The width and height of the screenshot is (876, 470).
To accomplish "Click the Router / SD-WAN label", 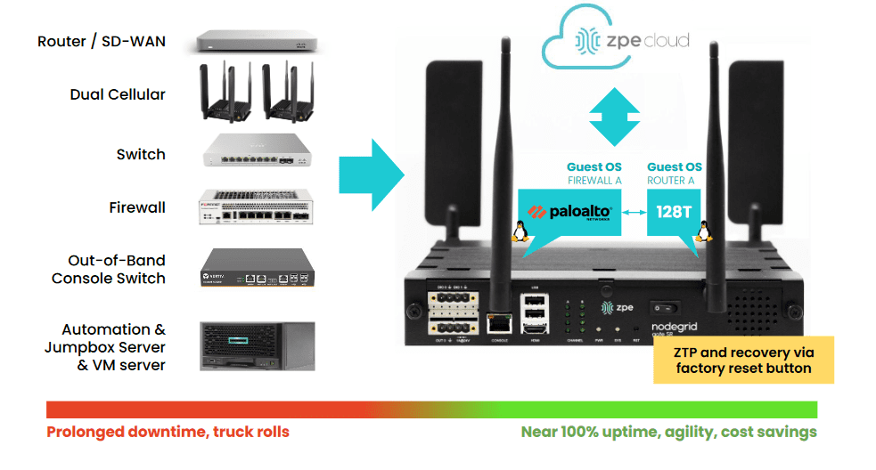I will point(102,42).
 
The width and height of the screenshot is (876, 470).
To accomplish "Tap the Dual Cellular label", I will point(118,94).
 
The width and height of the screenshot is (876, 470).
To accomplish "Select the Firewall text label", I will point(137,207).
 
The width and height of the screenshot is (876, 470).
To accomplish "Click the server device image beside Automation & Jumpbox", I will point(258,345).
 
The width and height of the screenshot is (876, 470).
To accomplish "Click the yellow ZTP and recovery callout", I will point(743,360).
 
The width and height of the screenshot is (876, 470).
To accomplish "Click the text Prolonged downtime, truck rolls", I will point(168,433).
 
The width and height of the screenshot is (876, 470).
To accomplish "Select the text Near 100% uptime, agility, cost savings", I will point(668,433).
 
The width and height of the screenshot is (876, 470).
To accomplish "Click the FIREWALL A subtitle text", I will point(594,181).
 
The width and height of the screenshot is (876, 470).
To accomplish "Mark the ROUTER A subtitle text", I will point(674,181).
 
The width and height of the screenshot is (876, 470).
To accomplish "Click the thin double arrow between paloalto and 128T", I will point(634,213).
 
